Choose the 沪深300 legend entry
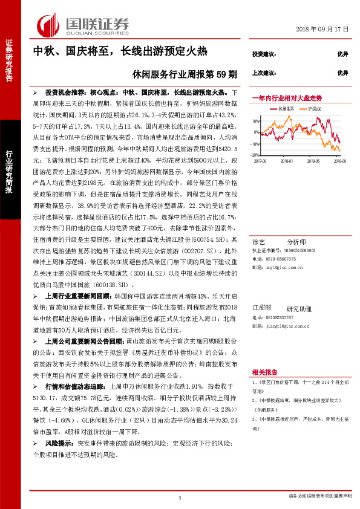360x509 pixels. coord(313,109)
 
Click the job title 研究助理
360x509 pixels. coord(298,308)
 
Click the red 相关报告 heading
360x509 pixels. coord(264,372)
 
